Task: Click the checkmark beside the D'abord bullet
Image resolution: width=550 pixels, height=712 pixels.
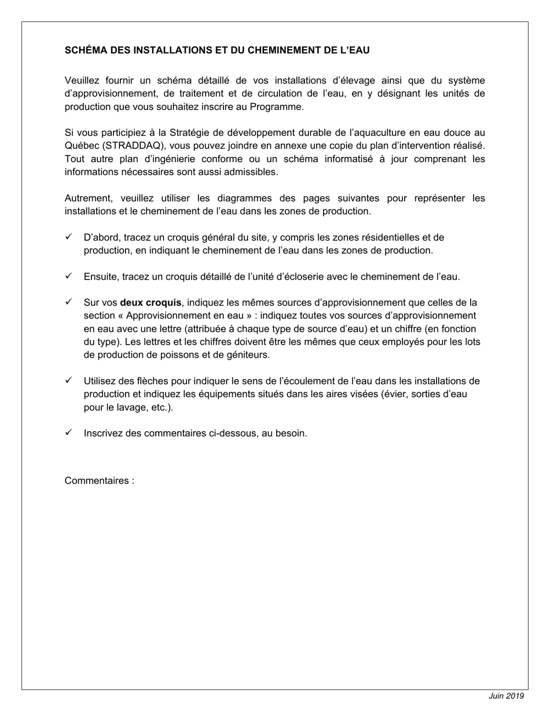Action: [x=68, y=237]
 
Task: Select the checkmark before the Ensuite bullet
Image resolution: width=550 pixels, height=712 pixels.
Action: [x=68, y=276]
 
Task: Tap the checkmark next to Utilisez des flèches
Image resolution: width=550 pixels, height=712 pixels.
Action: [x=68, y=380]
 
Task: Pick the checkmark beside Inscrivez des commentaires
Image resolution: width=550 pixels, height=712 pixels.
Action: [x=68, y=432]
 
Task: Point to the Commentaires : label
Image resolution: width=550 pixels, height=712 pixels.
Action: [x=100, y=480]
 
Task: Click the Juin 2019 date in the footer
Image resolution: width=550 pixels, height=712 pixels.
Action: [x=506, y=696]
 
